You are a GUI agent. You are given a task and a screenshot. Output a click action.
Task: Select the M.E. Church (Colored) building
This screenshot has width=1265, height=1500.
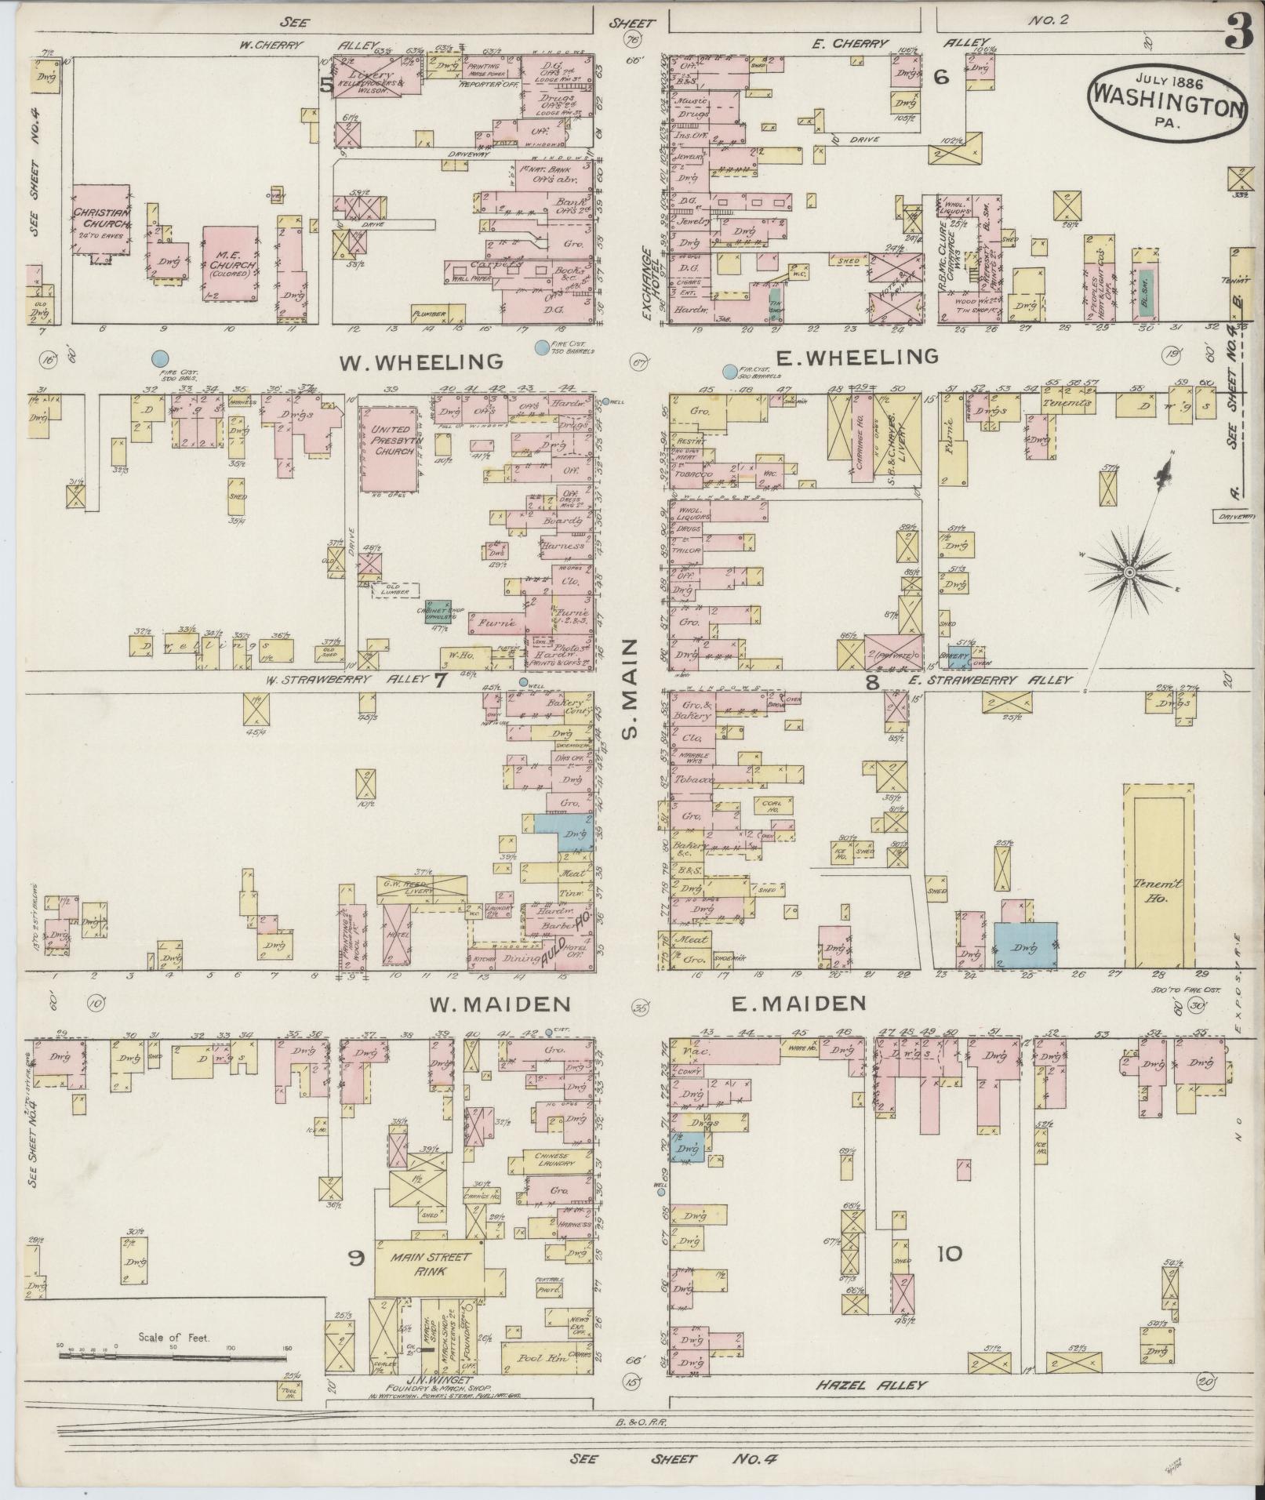(230, 264)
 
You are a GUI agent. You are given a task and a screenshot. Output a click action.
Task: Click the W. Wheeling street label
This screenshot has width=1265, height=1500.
(420, 361)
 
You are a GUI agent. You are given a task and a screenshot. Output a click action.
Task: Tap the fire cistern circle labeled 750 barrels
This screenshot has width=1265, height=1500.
(540, 346)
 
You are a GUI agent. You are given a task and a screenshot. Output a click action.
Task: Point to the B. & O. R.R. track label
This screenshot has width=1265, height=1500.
(641, 1420)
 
